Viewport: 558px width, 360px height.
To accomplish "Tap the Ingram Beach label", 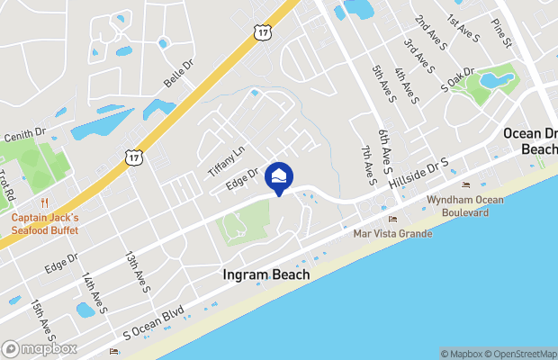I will [x=266, y=274].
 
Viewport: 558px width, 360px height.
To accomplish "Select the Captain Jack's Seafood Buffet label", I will [x=45, y=224].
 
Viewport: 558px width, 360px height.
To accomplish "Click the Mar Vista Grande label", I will [x=392, y=233].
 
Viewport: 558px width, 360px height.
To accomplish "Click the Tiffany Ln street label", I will [x=227, y=161].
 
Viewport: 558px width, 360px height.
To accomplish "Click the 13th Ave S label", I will [x=137, y=272].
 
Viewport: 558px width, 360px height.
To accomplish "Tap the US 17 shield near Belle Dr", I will [x=133, y=157].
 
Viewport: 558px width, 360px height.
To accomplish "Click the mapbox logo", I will [x=39, y=348].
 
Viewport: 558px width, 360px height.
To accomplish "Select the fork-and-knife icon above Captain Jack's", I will [x=43, y=203].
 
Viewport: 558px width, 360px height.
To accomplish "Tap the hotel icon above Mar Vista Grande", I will [x=391, y=219].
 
